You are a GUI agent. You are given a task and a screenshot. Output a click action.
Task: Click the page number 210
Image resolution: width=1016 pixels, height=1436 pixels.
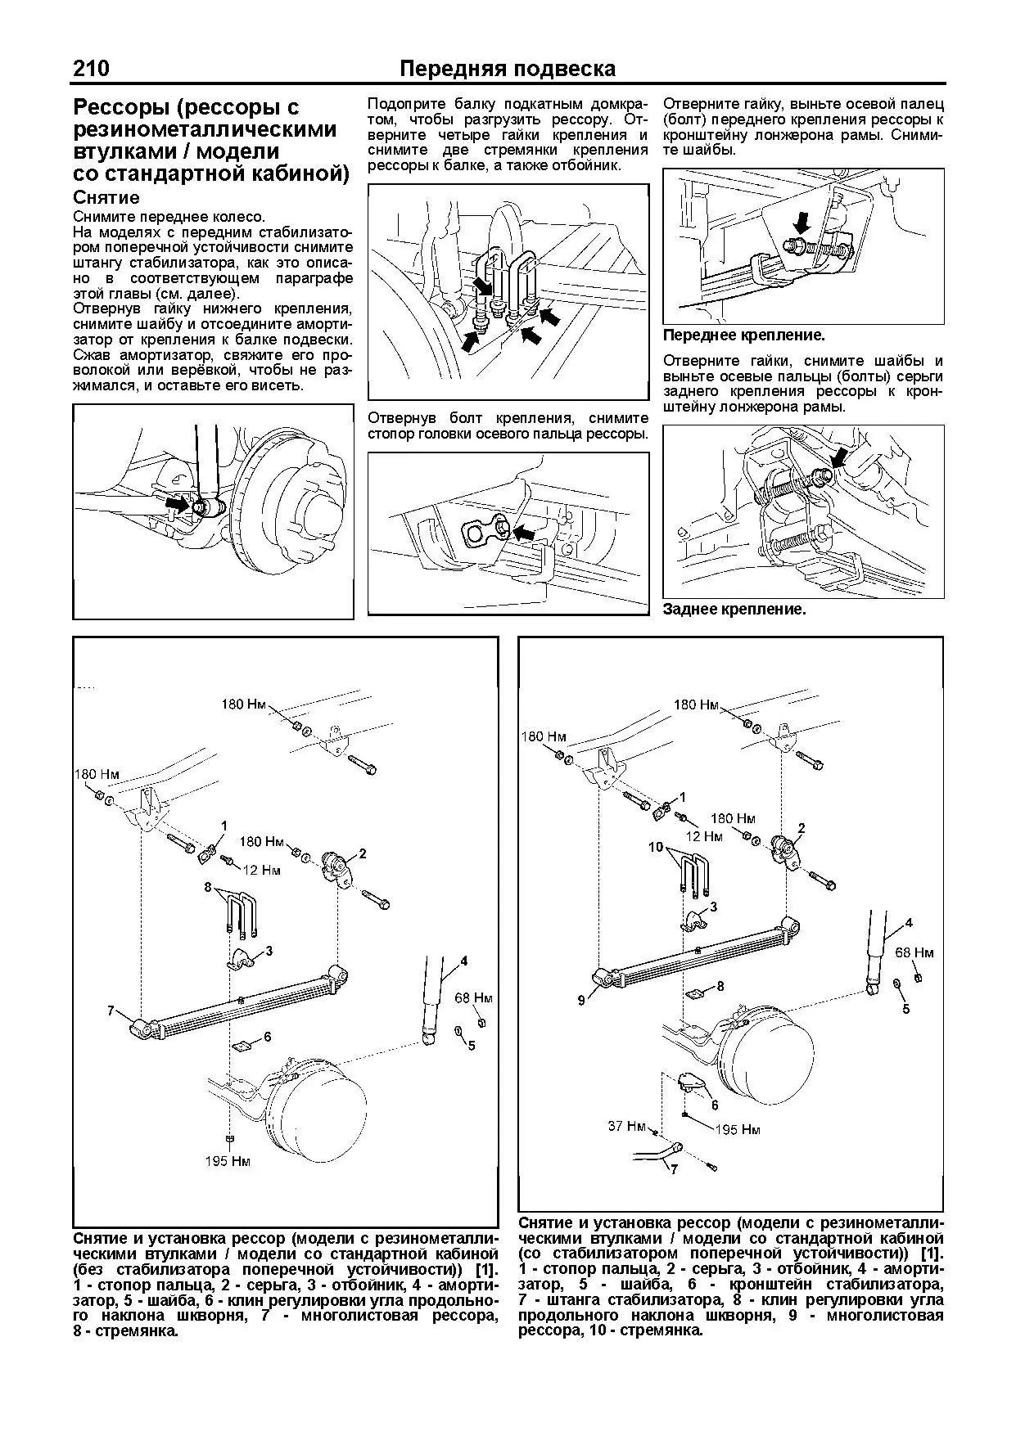(x=91, y=69)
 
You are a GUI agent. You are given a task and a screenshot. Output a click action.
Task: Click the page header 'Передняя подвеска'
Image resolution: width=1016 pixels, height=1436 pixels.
(x=507, y=69)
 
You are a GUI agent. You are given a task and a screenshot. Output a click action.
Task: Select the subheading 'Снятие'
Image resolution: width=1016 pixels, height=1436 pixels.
(x=106, y=198)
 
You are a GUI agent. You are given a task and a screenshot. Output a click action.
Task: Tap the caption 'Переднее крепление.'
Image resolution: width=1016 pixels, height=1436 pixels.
(x=743, y=335)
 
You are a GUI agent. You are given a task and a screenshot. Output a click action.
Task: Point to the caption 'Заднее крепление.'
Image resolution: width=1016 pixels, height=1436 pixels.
(x=734, y=610)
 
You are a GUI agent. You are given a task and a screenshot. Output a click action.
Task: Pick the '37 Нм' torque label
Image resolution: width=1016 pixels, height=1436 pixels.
(x=627, y=1126)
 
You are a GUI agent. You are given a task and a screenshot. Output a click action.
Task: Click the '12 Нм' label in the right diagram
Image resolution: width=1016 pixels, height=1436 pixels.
(x=705, y=836)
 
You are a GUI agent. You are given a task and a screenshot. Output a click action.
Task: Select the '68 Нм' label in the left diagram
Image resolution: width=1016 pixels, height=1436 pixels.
(x=474, y=998)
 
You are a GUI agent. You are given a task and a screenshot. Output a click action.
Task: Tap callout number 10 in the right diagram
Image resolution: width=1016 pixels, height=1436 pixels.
(x=656, y=847)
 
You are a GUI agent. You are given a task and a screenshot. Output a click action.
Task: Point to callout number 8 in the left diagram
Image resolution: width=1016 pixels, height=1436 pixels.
(x=208, y=887)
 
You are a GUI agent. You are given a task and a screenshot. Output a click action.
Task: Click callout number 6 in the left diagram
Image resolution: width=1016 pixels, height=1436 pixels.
(x=267, y=1037)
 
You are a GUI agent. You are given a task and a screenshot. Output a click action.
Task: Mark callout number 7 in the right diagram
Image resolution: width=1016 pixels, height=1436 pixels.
(x=674, y=1169)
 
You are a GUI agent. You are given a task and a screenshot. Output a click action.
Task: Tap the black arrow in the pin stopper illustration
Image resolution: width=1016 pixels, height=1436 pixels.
(x=522, y=533)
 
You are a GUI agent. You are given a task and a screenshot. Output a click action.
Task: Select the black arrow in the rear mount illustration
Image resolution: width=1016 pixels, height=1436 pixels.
(x=838, y=457)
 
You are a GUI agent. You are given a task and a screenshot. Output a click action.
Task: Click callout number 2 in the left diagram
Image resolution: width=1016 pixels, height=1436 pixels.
(x=362, y=853)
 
